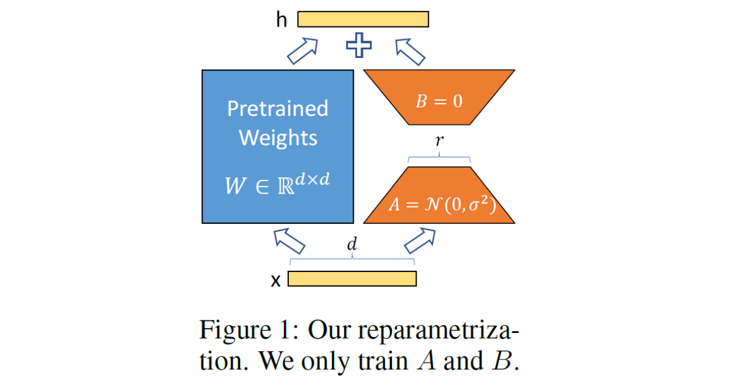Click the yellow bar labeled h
(363, 19)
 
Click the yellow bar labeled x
(352, 279)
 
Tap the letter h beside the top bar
(282, 20)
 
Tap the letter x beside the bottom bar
(276, 280)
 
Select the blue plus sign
(359, 45)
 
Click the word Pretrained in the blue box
(277, 109)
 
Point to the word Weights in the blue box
(277, 138)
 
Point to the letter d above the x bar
(351, 245)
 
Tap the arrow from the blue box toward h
(303, 50)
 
